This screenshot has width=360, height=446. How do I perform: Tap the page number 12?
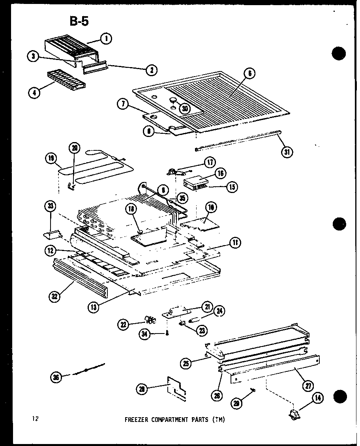(36, 419)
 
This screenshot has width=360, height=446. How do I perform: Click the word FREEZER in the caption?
(137, 420)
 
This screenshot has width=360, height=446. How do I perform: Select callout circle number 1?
(105, 39)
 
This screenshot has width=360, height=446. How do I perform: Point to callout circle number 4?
(34, 93)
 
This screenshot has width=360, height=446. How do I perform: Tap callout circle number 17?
(209, 162)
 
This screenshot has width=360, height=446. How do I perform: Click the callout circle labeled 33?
(51, 206)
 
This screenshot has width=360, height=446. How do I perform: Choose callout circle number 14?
(317, 398)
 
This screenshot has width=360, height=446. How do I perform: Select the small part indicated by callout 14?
(294, 414)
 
